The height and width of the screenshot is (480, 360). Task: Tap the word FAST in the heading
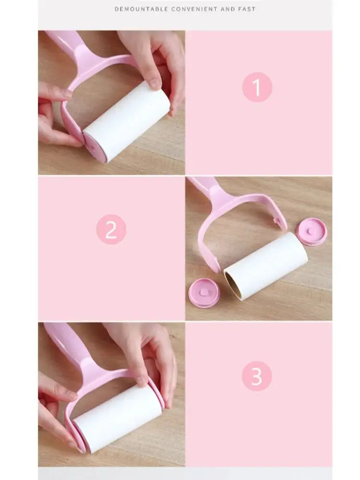tap(246, 9)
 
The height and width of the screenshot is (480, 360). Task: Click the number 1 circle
tap(257, 87)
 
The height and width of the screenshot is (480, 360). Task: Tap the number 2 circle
tap(111, 229)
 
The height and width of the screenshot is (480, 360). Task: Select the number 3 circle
tap(257, 376)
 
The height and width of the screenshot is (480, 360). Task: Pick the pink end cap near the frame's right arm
tap(312, 231)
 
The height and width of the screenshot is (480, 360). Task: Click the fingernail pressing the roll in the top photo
tap(155, 84)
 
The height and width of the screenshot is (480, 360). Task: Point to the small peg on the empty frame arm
tap(277, 220)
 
